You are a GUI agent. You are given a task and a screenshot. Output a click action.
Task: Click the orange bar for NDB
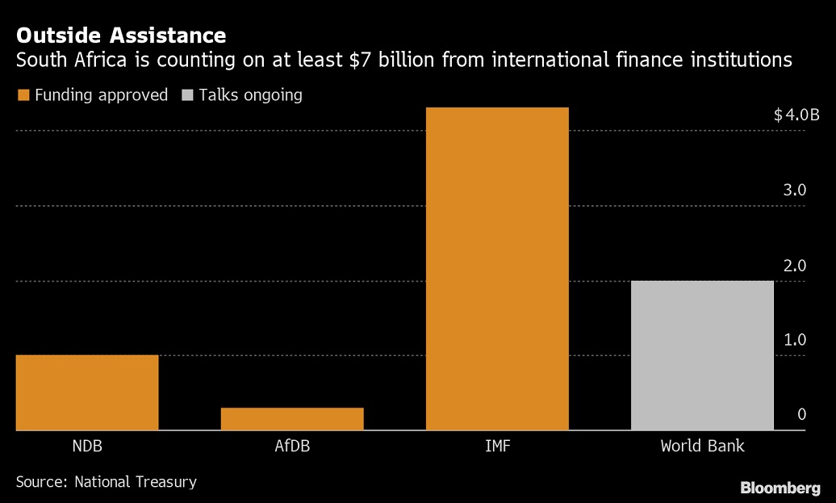tap(87, 392)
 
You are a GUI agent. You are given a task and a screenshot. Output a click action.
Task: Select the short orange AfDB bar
tap(292, 419)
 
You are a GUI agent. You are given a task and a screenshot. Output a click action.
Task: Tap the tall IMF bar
tap(497, 269)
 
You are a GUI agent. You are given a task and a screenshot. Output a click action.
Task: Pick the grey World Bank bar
tap(702, 355)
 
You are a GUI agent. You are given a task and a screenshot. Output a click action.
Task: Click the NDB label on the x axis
tap(87, 446)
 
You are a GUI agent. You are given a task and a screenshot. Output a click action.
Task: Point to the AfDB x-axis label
tap(292, 446)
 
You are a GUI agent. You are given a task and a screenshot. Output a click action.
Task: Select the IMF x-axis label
tap(497, 446)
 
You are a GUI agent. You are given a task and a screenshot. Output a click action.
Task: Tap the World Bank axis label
tap(702, 446)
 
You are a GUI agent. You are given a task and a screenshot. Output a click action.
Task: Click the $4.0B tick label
tap(796, 115)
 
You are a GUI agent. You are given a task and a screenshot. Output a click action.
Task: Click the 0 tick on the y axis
tap(802, 414)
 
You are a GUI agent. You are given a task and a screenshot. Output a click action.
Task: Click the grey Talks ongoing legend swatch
tap(186, 95)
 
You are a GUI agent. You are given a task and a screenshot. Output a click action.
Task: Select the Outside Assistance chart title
tap(121, 36)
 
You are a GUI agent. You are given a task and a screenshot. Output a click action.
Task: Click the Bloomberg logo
tap(780, 488)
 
